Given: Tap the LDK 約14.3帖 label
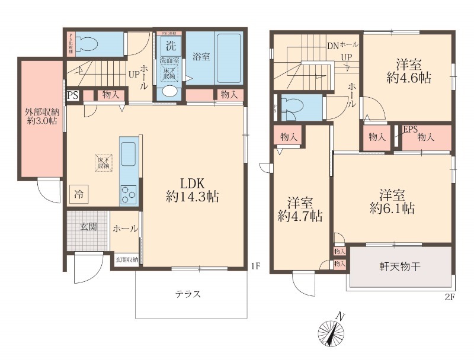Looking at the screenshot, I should pos(193,190).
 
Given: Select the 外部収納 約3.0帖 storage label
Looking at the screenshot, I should pos(41,116).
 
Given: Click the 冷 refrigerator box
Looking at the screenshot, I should pos(79,193).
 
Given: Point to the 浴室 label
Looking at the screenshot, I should pos(201,57).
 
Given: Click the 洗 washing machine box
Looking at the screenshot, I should pos(170,46).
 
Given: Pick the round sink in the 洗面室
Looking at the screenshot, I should pos(169,91).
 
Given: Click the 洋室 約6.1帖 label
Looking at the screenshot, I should pos(392,201).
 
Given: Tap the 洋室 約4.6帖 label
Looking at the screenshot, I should pos(408,70).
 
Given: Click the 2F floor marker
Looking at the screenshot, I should pos(449,297).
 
